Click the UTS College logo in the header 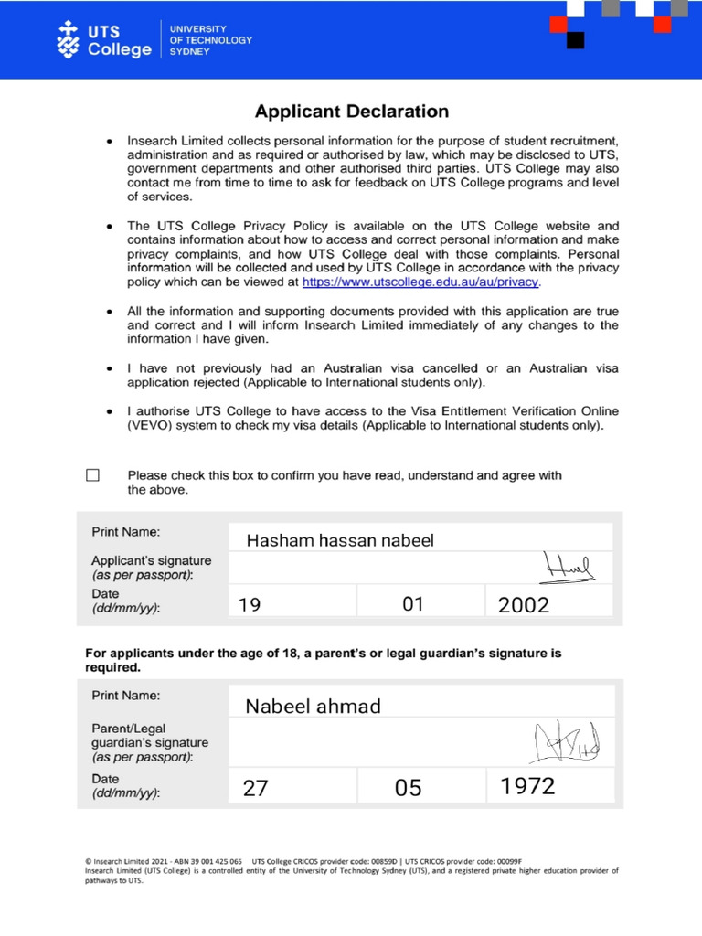pos(104,40)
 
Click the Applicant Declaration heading pos(352,112)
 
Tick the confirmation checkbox pos(92,475)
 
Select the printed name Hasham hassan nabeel pos(340,540)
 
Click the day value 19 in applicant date pos(250,604)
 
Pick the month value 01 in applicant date pos(413,604)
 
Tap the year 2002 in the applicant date pos(524,604)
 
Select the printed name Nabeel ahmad pos(313,706)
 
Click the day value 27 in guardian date pos(256,788)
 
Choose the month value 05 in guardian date pos(409,788)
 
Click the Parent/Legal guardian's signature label pos(149,742)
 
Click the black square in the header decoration pos(575,40)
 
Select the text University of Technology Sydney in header pos(210,40)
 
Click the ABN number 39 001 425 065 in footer pos(210,861)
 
